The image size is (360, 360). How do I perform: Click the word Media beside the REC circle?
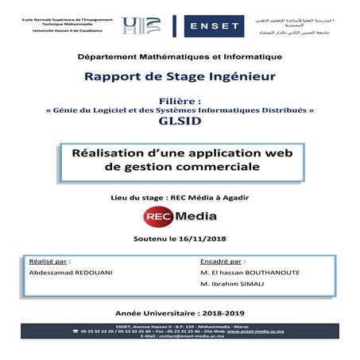189,215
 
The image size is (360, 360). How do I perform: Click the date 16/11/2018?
204,238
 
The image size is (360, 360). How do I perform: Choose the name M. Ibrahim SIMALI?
232,284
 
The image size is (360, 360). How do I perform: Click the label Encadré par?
222,260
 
